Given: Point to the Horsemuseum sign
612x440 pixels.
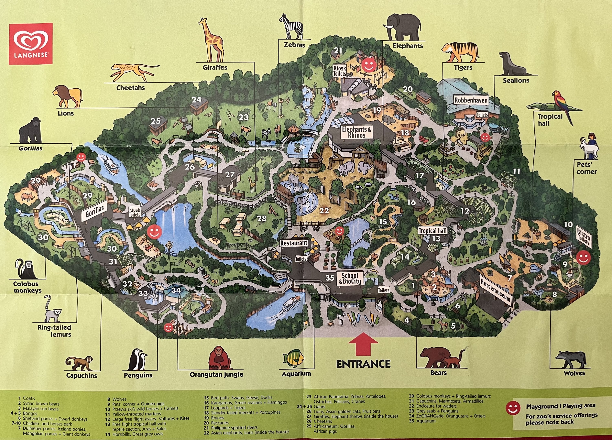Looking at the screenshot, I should [x=495, y=290].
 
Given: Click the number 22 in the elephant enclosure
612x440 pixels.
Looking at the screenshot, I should [x=324, y=211].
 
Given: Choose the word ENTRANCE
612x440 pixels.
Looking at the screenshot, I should [x=363, y=364].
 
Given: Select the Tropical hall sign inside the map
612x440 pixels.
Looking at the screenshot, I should [x=433, y=231].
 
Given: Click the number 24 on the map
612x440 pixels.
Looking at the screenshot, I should [x=196, y=100].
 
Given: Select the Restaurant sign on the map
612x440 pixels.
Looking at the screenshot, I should [x=294, y=243].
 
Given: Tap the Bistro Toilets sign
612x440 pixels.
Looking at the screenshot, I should [x=584, y=237].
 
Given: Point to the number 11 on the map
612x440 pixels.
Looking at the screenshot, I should [x=516, y=171].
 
